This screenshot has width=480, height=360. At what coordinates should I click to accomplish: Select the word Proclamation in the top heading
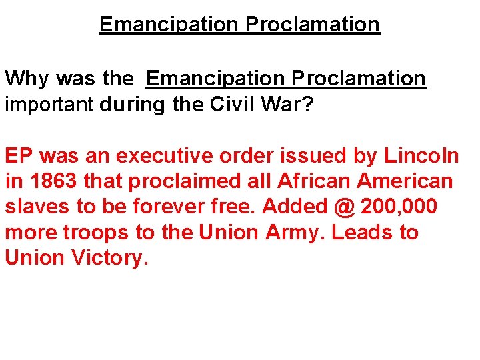[x=313, y=25]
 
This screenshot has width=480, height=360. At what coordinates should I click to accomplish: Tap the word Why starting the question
[x=27, y=79]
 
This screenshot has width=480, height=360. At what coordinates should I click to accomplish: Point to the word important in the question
[x=50, y=105]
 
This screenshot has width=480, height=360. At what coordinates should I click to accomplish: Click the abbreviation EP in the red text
[x=19, y=156]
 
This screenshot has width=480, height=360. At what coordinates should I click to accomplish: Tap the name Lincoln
[x=421, y=156]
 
